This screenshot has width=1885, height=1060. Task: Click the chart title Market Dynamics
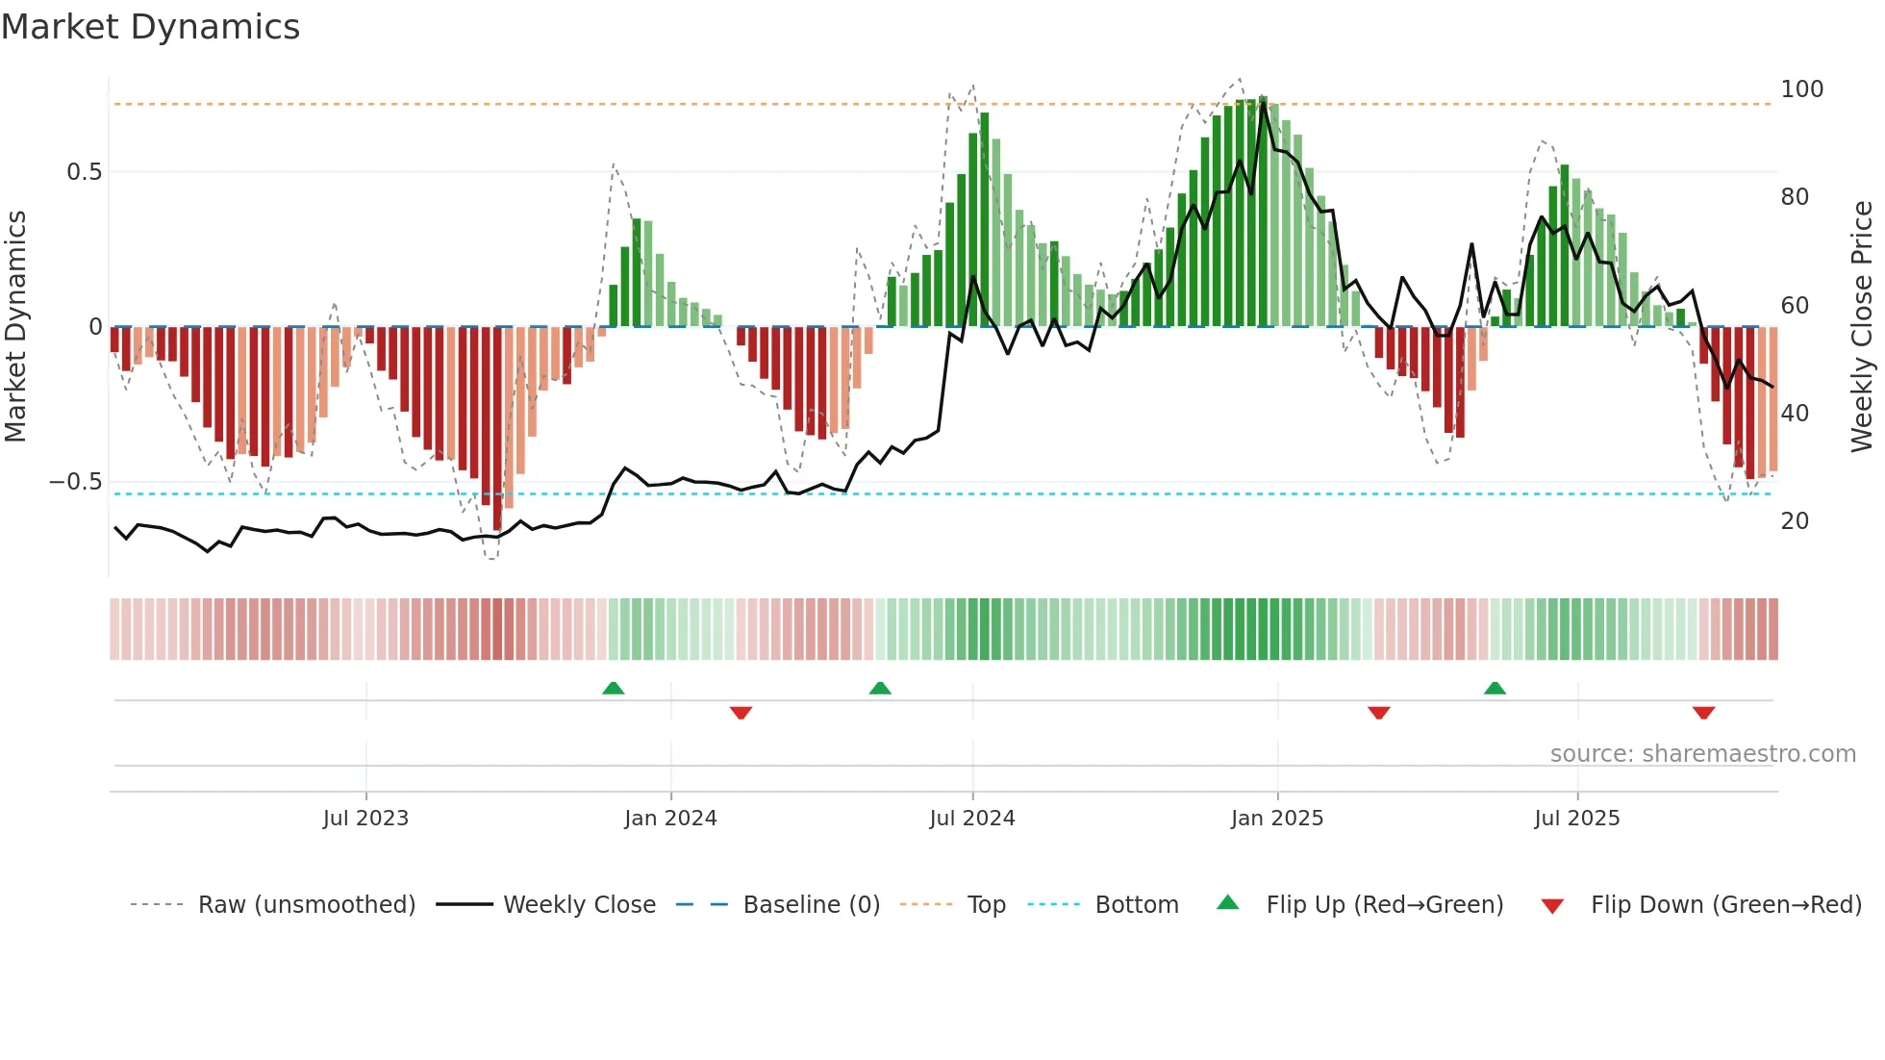(150, 27)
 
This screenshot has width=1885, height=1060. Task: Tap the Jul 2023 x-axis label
(365, 819)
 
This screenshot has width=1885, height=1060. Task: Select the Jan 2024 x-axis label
(670, 819)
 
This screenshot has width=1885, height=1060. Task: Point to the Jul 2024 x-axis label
(972, 819)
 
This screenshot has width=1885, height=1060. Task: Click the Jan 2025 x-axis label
(1277, 819)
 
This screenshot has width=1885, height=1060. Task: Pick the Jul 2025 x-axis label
(1577, 819)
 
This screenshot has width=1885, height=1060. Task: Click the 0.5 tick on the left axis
(84, 172)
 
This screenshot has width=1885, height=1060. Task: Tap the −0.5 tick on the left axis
(76, 482)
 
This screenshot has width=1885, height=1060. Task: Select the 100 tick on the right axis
(1801, 89)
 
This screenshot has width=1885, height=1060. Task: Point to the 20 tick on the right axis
(1795, 521)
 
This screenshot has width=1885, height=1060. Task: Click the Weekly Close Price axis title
(1862, 327)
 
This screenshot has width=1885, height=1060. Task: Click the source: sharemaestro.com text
(1702, 754)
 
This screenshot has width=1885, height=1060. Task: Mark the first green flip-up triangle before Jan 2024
(613, 688)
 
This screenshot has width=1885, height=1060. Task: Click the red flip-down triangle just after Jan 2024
(741, 713)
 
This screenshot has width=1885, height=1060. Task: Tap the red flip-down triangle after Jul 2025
(1703, 713)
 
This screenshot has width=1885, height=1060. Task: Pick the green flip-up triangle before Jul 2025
(1495, 688)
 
